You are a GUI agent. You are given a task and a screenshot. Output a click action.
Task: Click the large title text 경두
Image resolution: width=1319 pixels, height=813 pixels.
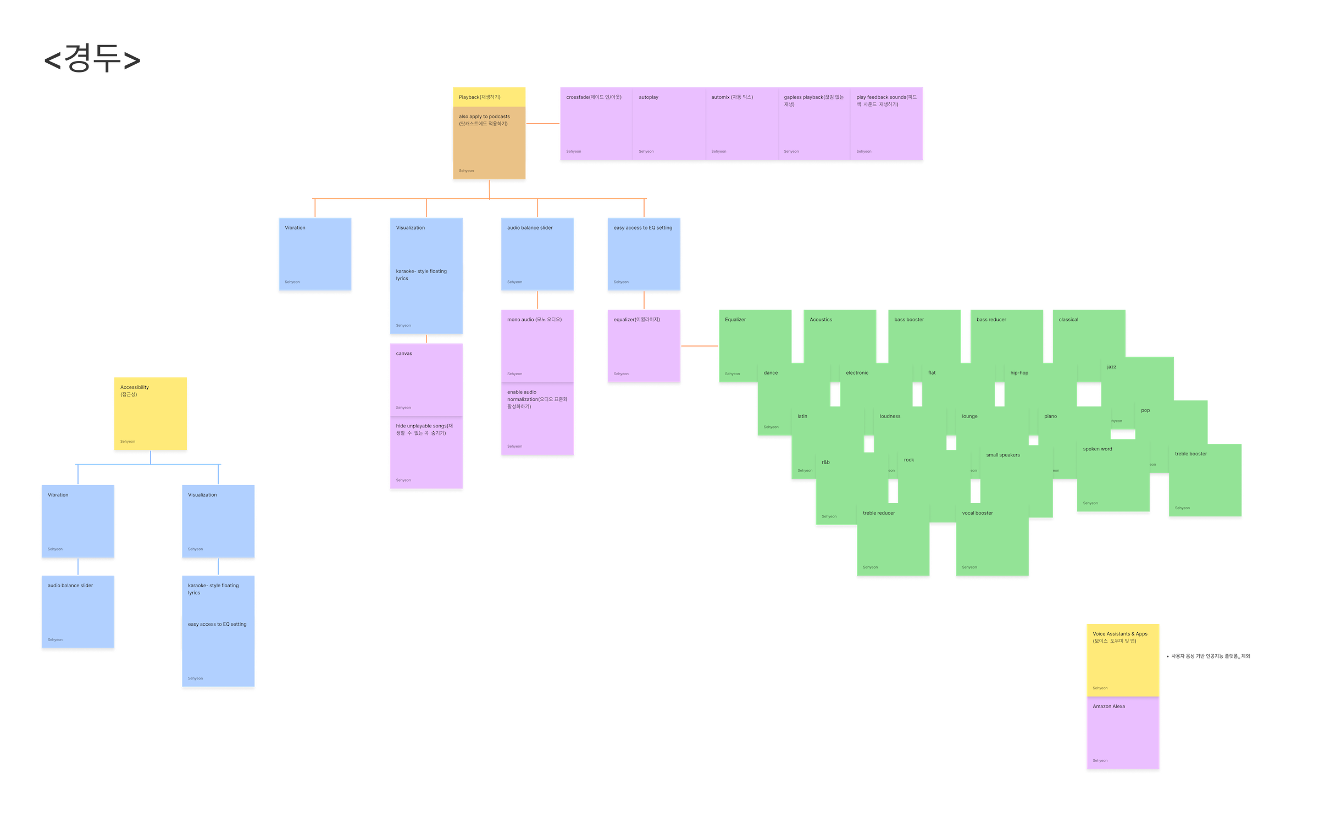click(92, 59)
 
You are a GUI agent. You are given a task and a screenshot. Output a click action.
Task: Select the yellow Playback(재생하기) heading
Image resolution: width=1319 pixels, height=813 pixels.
click(479, 97)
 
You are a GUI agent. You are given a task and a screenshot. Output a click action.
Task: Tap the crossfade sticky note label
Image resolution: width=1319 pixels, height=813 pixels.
click(594, 97)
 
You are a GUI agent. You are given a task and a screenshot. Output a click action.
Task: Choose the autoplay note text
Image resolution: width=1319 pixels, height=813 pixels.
click(649, 97)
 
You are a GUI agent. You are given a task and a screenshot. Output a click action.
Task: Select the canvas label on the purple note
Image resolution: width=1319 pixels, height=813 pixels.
click(404, 354)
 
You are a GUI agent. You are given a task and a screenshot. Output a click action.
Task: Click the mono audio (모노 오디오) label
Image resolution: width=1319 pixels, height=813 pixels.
click(534, 320)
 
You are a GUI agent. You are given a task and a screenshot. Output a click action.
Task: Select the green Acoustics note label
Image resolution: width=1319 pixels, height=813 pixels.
click(821, 320)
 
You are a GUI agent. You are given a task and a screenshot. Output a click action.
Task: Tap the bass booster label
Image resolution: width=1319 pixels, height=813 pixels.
click(909, 320)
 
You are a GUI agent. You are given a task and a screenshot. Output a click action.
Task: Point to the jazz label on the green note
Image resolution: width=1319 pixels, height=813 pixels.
click(1112, 367)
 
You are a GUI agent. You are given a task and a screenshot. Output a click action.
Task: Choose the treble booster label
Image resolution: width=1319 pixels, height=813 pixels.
click(1191, 454)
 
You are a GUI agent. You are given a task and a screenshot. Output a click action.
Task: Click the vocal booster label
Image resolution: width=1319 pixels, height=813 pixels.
click(977, 513)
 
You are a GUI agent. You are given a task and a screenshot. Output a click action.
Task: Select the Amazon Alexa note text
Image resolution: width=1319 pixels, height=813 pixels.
click(1109, 706)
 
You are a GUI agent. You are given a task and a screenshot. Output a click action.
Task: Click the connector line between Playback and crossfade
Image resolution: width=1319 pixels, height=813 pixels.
click(543, 124)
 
